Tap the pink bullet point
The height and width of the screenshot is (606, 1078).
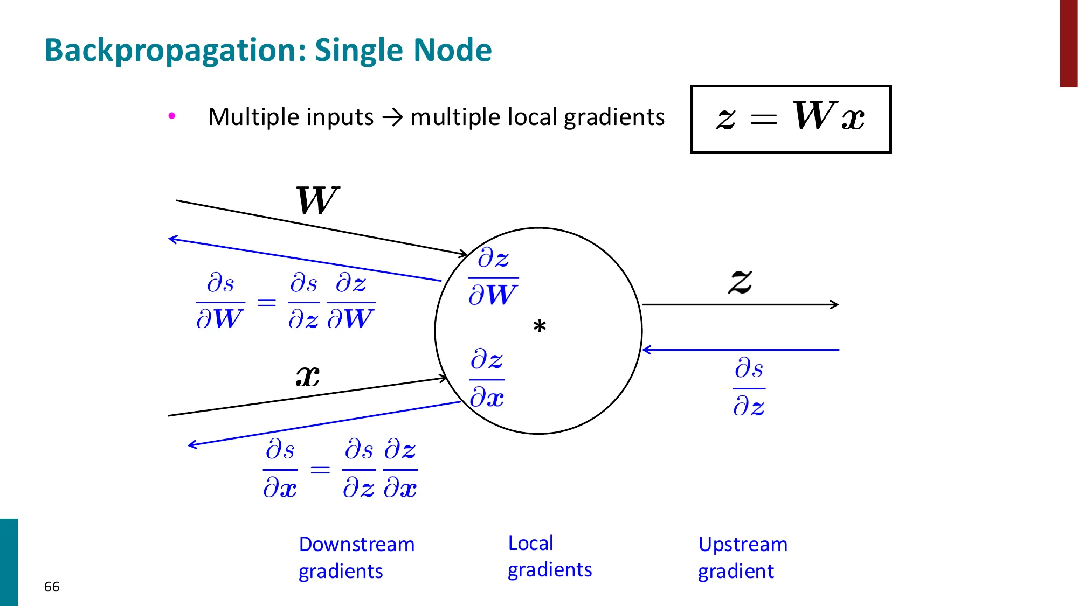pyautogui.click(x=172, y=116)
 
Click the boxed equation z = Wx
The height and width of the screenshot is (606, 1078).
pyautogui.click(x=791, y=119)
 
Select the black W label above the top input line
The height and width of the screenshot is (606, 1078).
pyautogui.click(x=317, y=200)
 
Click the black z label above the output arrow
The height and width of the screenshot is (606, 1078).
pyautogui.click(x=740, y=281)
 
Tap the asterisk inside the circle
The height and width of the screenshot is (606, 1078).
pyautogui.click(x=539, y=326)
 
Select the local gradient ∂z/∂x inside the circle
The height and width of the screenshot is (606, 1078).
pyautogui.click(x=487, y=379)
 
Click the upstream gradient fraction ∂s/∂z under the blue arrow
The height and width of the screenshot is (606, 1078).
pyautogui.click(x=749, y=387)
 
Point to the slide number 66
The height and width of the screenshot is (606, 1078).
pyautogui.click(x=52, y=587)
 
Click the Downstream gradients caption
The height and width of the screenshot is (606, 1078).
pyautogui.click(x=356, y=558)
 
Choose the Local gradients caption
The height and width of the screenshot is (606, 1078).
pyautogui.click(x=549, y=556)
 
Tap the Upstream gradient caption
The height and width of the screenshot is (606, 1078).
pyautogui.click(x=742, y=558)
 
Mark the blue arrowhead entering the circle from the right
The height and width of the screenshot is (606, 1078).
pyautogui.click(x=646, y=350)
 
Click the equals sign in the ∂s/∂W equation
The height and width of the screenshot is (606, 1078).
pyautogui.click(x=267, y=302)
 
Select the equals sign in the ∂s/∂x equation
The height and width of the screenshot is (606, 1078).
pyautogui.click(x=320, y=470)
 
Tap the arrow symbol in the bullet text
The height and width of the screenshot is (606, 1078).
pyautogui.click(x=392, y=117)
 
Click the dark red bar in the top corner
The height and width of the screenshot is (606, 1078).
pyautogui.click(x=1068, y=43)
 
